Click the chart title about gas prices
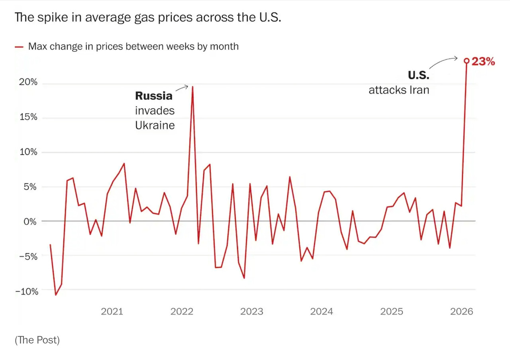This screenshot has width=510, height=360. (x=148, y=18)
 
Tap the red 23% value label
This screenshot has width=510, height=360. (x=483, y=61)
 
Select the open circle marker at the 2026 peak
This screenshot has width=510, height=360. (x=467, y=61)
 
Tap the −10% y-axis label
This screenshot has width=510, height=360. (x=27, y=291)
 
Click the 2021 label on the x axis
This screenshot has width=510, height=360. (x=112, y=311)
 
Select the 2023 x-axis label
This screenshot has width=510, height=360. (x=251, y=311)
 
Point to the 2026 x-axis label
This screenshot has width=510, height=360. (x=462, y=311)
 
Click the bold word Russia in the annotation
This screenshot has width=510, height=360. (x=154, y=96)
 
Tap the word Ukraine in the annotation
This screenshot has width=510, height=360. (x=155, y=125)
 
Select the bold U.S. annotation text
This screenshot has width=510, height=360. (x=418, y=75)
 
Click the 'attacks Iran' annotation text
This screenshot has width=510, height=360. (x=399, y=90)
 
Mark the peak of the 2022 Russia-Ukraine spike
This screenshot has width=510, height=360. (x=192, y=87)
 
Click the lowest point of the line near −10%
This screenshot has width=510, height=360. (x=56, y=295)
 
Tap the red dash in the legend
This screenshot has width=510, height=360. (x=19, y=47)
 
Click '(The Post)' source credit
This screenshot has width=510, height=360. (x=37, y=340)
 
